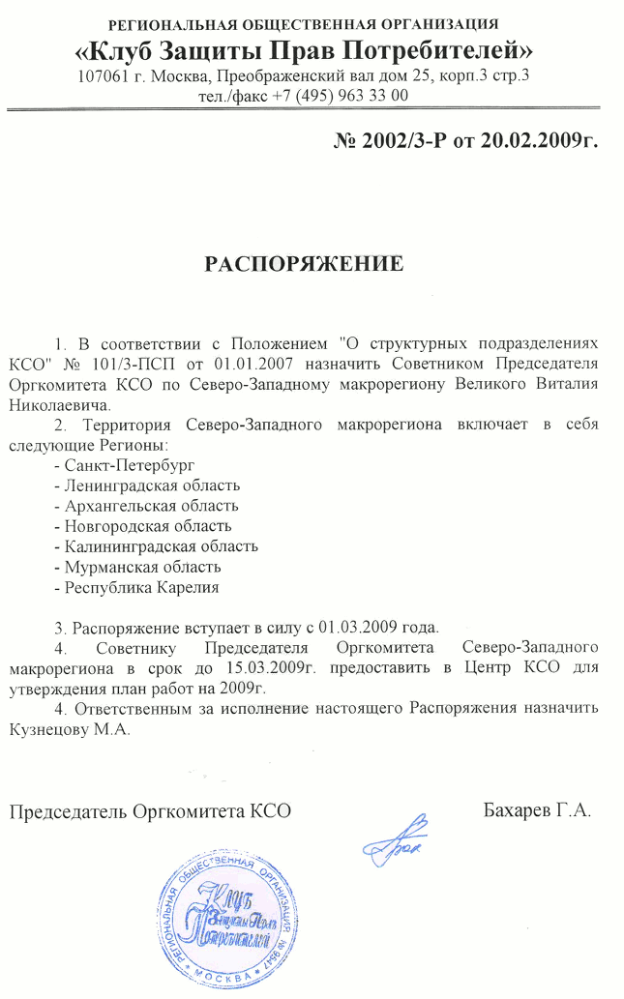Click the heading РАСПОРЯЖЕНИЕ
tap(302, 263)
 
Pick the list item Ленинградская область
tap(148, 485)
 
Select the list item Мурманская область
tap(139, 567)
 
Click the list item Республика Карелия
tap(137, 587)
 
